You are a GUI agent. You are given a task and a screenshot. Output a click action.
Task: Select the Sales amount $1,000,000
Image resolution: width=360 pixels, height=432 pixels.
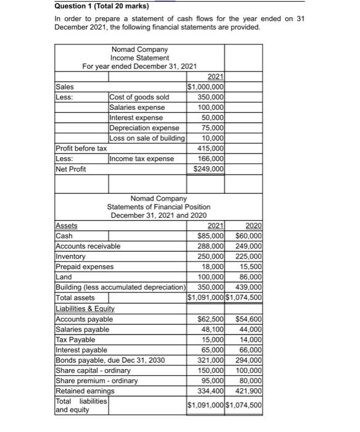(x=205, y=87)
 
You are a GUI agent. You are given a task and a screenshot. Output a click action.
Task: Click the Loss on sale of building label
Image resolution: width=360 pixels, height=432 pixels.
(x=147, y=138)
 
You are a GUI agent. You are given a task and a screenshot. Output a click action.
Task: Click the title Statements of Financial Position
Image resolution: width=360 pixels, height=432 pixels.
(x=159, y=207)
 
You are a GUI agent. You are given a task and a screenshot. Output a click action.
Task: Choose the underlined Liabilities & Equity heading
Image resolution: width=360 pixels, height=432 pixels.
(x=86, y=309)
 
